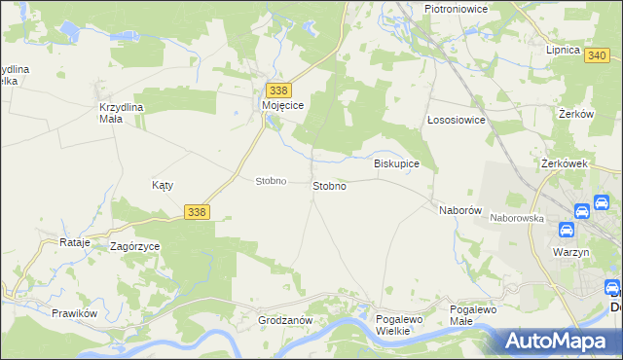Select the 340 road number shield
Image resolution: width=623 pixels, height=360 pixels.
(x=598, y=55)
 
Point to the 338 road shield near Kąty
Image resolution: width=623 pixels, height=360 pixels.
(x=197, y=211)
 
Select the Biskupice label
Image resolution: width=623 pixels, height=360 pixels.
(x=397, y=163)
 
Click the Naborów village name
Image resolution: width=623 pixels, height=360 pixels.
(x=460, y=210)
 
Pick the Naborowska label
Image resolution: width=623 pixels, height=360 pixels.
(x=516, y=219)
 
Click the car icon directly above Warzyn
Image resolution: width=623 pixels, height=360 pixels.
(x=566, y=231)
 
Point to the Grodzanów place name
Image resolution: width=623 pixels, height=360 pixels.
(x=284, y=320)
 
